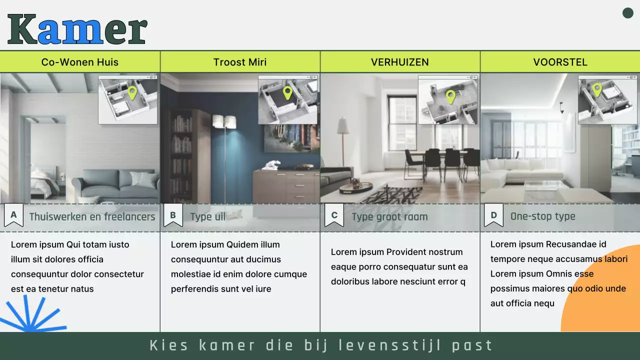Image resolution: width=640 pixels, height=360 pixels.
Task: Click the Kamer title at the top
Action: [77, 29]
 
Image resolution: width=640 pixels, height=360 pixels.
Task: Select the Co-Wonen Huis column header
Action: [80, 62]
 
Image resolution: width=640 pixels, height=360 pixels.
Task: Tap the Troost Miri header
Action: [240, 62]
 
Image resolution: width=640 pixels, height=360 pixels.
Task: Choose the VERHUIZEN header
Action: [400, 62]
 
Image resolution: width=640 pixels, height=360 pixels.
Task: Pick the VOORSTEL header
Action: [560, 62]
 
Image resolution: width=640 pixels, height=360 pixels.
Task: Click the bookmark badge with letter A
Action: [13, 215]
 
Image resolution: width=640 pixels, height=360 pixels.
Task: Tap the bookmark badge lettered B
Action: [173, 215]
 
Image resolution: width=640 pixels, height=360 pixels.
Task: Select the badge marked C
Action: [334, 215]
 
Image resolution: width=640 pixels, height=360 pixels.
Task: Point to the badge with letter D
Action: [493, 215]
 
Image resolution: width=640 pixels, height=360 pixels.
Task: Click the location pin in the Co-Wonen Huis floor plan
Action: [132, 92]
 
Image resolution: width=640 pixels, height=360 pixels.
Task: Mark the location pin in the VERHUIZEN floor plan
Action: [450, 96]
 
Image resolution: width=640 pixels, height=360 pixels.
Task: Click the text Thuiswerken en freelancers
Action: [92, 217]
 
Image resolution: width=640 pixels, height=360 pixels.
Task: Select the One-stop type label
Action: [542, 216]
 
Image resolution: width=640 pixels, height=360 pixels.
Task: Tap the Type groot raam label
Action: [389, 217]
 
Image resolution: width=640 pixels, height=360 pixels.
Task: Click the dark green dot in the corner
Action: [628, 13]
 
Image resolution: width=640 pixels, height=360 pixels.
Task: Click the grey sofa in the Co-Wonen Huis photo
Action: [115, 185]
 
